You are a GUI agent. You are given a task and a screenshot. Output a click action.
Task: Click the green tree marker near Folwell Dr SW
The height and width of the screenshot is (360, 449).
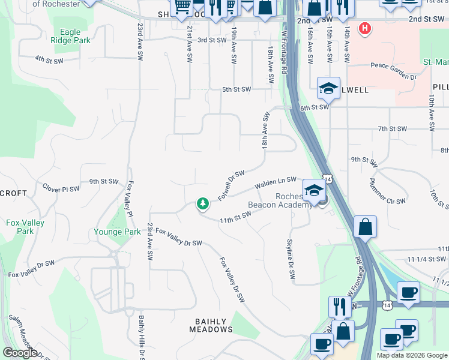coord(203,204)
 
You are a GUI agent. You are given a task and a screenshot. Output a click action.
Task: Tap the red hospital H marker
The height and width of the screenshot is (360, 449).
coord(364,28)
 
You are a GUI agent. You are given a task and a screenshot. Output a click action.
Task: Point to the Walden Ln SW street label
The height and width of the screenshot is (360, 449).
coord(276,182)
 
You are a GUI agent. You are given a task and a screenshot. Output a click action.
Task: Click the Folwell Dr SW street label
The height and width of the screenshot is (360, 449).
coord(231,184)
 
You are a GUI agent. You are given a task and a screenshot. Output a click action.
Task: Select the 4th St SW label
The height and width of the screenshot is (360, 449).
coord(49,59)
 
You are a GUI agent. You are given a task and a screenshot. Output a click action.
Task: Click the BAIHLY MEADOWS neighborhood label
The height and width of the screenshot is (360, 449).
coord(211,325)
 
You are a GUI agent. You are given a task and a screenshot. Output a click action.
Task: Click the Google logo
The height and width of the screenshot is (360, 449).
coord(20,353)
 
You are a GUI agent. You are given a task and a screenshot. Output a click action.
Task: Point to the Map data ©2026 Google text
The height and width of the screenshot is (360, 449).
coord(412,355)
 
